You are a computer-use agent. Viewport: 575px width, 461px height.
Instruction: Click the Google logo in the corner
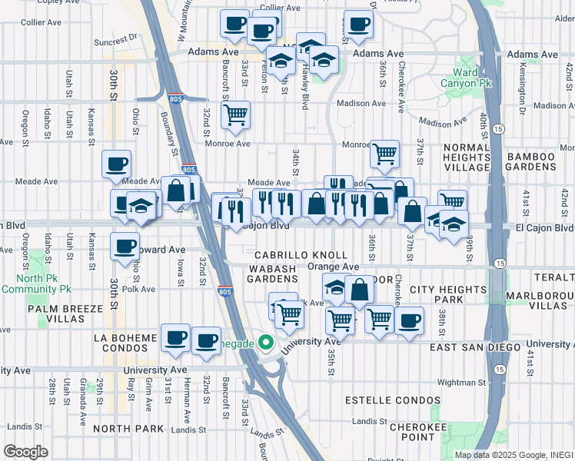25,451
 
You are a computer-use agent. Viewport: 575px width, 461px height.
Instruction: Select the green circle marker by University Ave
267,343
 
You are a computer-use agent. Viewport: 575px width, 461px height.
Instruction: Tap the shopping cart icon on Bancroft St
235,115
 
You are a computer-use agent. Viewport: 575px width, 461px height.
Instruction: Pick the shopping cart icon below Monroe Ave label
384,153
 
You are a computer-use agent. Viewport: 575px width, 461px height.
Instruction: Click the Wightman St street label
462,381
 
